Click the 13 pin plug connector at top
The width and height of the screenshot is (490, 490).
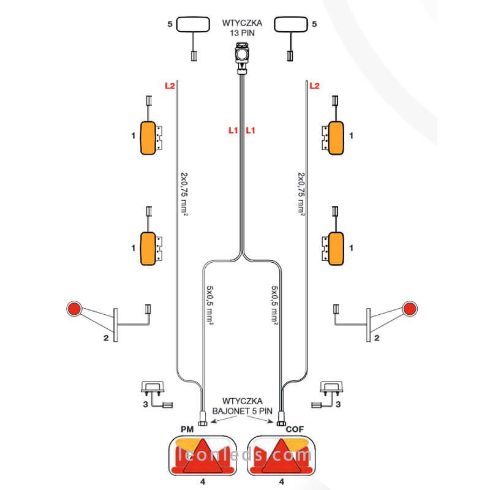click(x=244, y=55)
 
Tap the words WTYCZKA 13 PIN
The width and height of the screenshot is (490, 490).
click(x=244, y=28)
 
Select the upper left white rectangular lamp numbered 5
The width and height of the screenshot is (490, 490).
click(x=194, y=25)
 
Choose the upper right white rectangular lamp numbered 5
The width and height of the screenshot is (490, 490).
click(x=293, y=25)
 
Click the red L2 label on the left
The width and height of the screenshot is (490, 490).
click(x=170, y=86)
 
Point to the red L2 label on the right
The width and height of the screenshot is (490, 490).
click(x=315, y=86)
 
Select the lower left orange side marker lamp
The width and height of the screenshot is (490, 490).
click(x=148, y=249)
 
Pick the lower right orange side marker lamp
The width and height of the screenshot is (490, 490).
click(x=336, y=249)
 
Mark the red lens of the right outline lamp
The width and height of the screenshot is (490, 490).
click(x=410, y=307)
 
